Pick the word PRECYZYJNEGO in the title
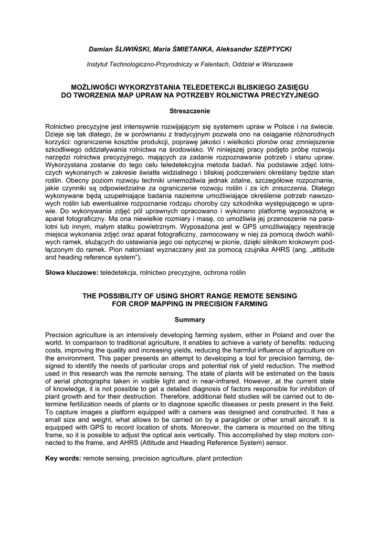(x=289, y=94)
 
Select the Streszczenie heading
(x=189, y=111)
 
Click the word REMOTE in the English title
(x=228, y=296)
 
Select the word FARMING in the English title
(x=252, y=304)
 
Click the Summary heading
(x=189, y=320)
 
